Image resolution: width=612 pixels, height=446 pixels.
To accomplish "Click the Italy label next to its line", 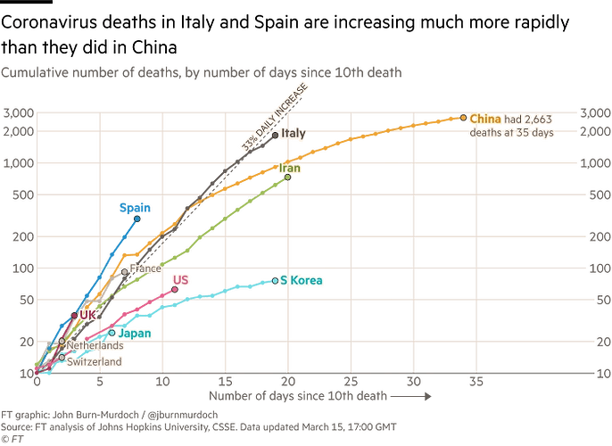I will click(294, 134).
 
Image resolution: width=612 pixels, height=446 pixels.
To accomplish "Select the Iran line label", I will click(290, 167).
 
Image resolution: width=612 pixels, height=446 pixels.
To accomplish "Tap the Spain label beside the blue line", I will click(135, 207).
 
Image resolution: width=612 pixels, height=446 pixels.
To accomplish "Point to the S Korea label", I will click(302, 280).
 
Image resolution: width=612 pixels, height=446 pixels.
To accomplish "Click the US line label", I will click(180, 279).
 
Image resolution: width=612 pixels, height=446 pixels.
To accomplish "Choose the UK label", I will click(87, 314).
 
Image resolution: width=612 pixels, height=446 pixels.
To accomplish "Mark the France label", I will click(145, 268).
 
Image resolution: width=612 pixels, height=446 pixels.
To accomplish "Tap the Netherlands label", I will click(95, 345).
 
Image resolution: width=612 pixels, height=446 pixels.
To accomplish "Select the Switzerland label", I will click(95, 362).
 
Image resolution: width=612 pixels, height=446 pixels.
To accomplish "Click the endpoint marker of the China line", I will click(463, 118).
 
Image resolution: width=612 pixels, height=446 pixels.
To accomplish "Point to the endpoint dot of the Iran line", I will click(287, 178).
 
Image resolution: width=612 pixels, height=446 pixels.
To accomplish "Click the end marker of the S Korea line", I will click(275, 281).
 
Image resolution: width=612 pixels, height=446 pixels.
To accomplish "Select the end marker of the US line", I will click(175, 290).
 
